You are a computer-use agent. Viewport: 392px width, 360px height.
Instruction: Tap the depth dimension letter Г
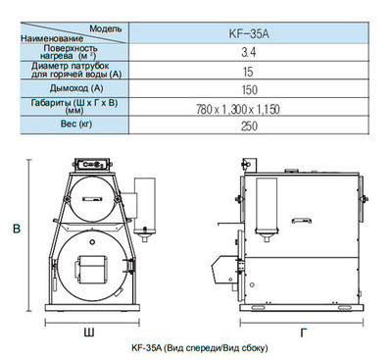coord(305,333)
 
